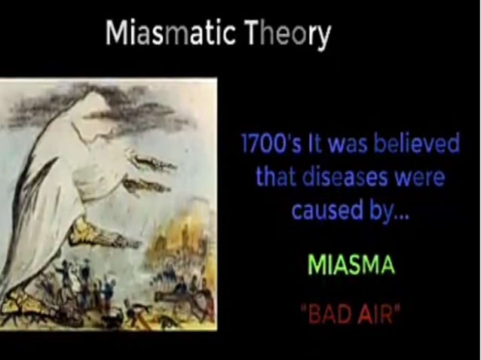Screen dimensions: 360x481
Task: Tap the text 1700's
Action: pos(265,145)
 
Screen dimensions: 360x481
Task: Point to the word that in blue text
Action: pos(269,178)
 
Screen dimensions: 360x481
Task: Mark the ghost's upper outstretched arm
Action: pos(151,160)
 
